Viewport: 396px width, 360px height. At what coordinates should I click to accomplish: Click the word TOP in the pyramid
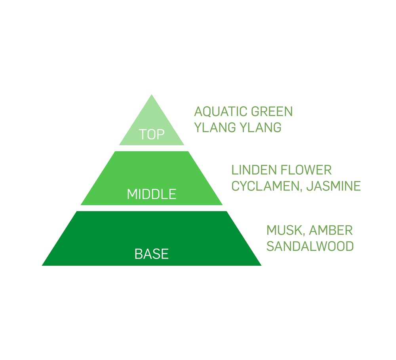coord(152,135)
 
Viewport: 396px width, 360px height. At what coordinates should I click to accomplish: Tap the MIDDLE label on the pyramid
coord(152,194)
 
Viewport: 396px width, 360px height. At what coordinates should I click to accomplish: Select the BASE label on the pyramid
coord(152,253)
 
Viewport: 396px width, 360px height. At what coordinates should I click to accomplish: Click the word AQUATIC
coord(218,112)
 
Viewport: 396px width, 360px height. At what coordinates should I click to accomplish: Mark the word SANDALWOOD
coord(310,246)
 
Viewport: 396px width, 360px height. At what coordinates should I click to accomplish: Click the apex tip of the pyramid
coord(152,95)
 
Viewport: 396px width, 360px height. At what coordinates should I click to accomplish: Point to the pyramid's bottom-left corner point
coord(42,265)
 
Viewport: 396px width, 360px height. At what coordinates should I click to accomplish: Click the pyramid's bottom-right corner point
coord(261,265)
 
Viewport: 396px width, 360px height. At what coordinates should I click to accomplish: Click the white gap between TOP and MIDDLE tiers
coord(152,148)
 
